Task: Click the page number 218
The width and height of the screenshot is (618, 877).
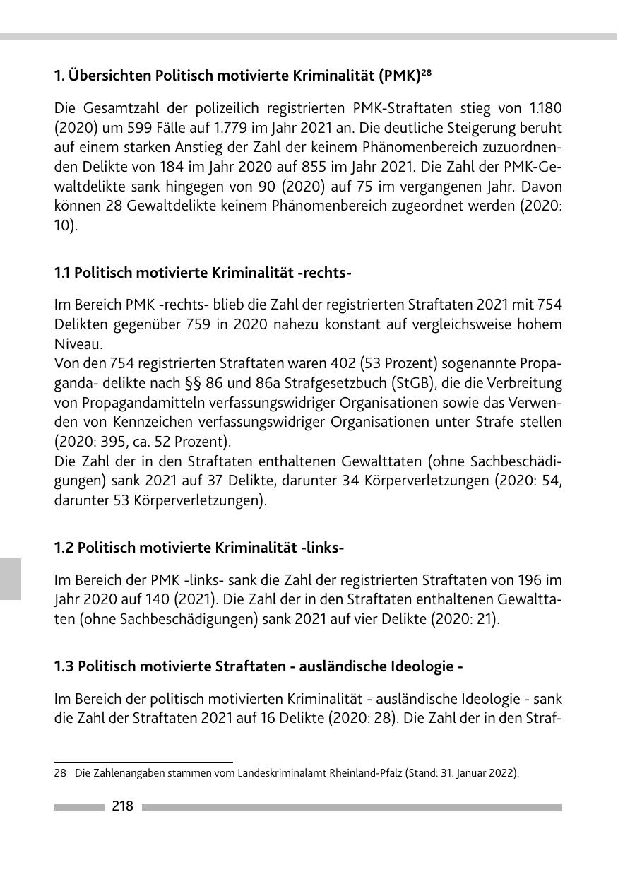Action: point(122,806)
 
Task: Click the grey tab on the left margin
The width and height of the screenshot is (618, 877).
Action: point(10,578)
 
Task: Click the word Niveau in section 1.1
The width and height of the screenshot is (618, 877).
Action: point(78,344)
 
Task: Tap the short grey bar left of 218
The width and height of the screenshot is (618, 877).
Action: point(78,807)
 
